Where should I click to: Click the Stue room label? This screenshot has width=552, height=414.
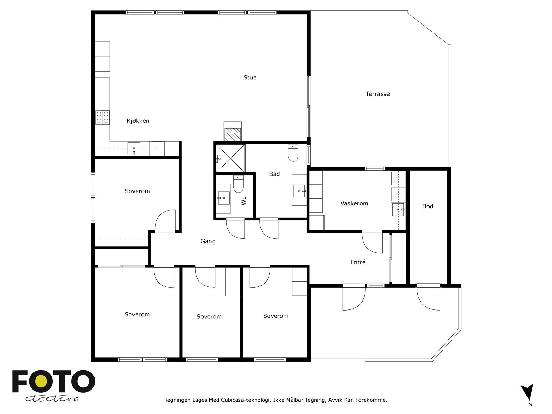[x=250, y=78]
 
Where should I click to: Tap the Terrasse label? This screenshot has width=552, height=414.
[x=377, y=94]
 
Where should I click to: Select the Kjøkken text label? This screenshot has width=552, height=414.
[x=138, y=121]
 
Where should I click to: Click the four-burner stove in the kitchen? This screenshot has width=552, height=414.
[x=102, y=117]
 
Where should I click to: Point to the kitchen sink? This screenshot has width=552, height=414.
[x=134, y=149]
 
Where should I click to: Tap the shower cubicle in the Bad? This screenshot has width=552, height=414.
[x=230, y=158]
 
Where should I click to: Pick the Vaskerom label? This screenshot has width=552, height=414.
[x=354, y=204]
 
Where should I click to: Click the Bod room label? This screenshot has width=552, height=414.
[x=427, y=206]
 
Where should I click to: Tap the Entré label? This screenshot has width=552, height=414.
[x=358, y=262]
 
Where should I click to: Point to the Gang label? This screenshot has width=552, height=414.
[x=208, y=241]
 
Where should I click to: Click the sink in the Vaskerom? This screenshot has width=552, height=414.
[x=398, y=209]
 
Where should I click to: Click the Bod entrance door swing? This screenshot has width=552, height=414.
[x=428, y=297]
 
